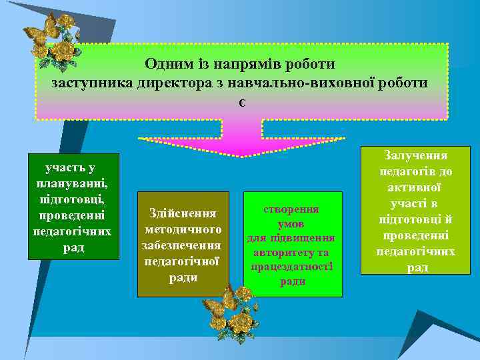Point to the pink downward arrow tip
tap(242, 155)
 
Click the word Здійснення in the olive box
tap(183, 214)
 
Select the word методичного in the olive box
tap(183, 229)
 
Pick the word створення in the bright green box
tap(293, 209)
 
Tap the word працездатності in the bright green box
tap(293, 267)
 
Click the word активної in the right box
tap(416, 188)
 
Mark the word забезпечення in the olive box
tap(183, 245)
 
